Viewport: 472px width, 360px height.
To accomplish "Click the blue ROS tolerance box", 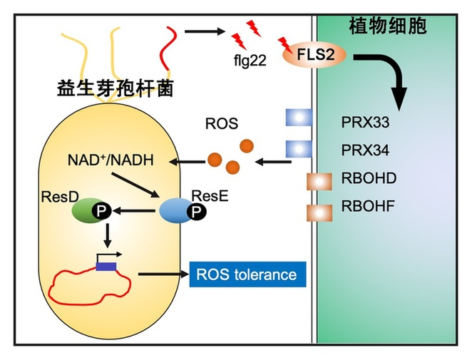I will click(x=247, y=274).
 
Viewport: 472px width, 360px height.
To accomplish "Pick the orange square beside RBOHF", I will click(x=319, y=212).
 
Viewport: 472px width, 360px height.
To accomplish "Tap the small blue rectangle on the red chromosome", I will click(x=106, y=266).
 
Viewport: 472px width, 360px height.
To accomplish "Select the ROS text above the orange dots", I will click(x=225, y=125).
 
